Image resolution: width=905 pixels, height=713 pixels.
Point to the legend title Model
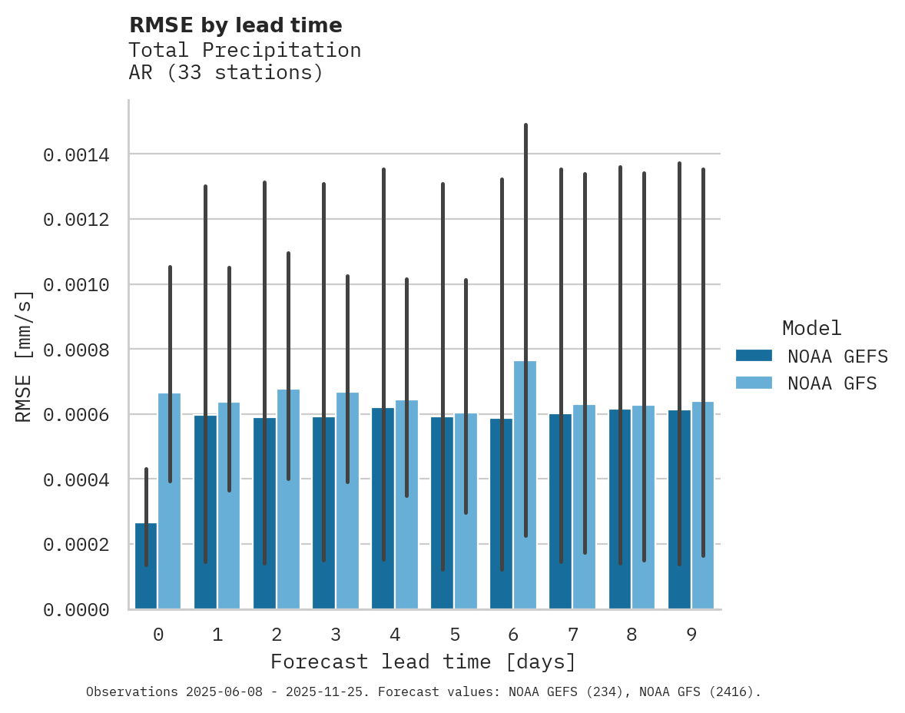click(811, 328)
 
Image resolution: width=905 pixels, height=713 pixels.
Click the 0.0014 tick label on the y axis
click(75, 155)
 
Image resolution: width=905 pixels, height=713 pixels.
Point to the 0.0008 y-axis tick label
click(75, 350)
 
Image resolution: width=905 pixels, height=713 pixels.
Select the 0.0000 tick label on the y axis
click(75, 610)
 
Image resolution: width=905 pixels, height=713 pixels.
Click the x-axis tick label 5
click(454, 635)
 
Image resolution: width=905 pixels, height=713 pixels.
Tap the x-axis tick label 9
click(691, 635)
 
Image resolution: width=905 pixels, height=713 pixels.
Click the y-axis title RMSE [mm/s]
click(24, 356)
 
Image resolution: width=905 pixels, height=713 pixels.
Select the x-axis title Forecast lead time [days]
click(423, 662)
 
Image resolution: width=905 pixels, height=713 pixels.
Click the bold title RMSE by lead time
click(235, 25)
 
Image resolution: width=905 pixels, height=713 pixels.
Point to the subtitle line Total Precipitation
click(244, 50)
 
